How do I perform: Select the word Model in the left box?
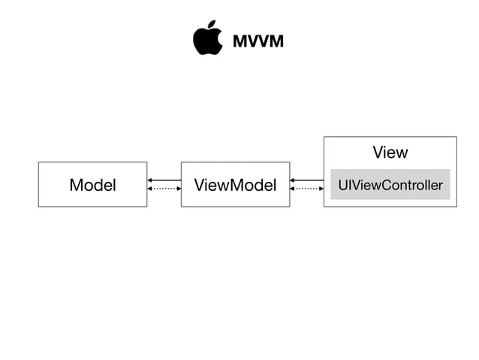coord(92,185)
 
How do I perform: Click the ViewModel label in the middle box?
coord(235,185)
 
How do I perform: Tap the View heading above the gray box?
coord(390,153)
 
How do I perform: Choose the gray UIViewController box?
coord(390,185)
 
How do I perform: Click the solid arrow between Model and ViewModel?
coord(164,180)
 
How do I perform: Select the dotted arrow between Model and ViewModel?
coord(164,189)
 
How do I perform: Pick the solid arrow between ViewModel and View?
coord(306,180)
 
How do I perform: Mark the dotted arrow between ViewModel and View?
coord(306,189)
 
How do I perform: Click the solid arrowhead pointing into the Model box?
coord(150,180)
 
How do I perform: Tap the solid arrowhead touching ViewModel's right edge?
coord(293,180)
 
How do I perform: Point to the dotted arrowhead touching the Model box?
coord(150,189)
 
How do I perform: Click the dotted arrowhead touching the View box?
coord(321,189)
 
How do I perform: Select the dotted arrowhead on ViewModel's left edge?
coord(179,189)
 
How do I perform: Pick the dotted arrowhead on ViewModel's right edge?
coord(293,189)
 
